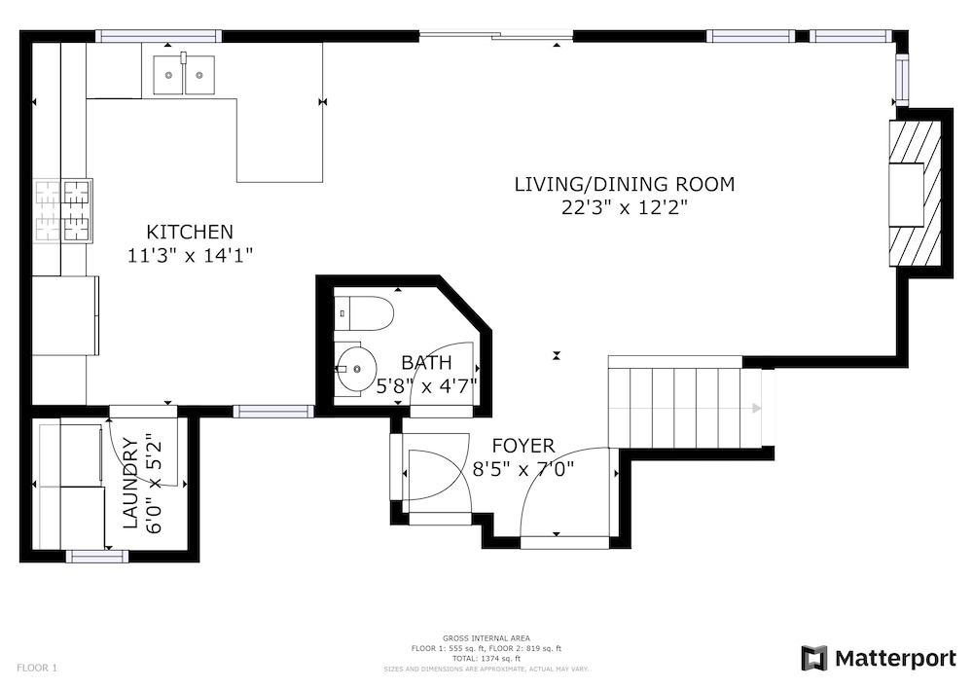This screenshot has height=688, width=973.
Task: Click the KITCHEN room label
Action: tap(190, 232)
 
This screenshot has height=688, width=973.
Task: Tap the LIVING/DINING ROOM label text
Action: tap(625, 184)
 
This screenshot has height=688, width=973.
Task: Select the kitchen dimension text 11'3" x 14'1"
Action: tap(190, 255)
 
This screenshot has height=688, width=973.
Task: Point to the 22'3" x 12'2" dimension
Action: tap(625, 207)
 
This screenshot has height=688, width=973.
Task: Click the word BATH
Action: tap(426, 362)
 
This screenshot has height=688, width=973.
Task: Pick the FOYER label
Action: tap(523, 446)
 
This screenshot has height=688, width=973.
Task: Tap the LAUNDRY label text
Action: tap(130, 484)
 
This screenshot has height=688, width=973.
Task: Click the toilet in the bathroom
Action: tap(364, 313)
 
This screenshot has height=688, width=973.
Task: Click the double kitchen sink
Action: tap(184, 75)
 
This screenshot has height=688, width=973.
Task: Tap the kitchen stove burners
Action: tap(62, 210)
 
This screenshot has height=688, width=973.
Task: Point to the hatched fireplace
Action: tap(916, 193)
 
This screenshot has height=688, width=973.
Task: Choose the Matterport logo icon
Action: tap(814, 658)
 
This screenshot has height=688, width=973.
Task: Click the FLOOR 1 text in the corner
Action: tap(37, 669)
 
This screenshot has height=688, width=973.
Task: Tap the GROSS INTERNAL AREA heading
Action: tap(486, 638)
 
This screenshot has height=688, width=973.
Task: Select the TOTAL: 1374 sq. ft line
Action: tap(486, 659)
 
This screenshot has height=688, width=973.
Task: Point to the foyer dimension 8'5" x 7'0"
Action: tap(523, 469)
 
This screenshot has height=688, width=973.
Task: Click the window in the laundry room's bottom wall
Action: tap(97, 557)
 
